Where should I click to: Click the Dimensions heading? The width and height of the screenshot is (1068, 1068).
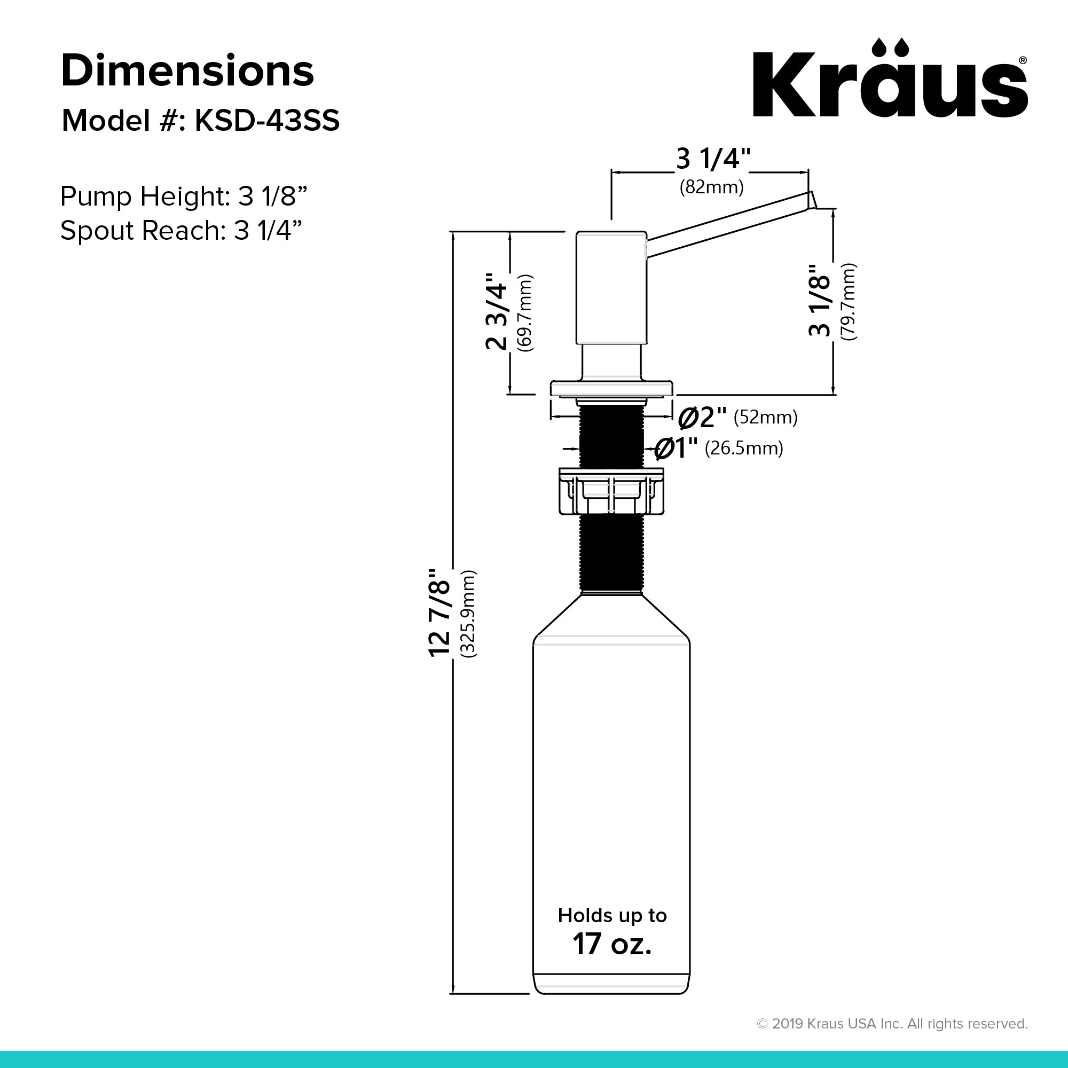pos(187,71)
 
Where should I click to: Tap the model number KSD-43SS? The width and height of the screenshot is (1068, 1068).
pos(267,121)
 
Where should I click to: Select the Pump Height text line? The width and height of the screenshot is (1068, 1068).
pos(184,195)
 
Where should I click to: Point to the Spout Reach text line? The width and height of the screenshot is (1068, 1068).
pos(182,230)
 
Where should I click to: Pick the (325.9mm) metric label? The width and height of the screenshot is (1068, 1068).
pos(468,614)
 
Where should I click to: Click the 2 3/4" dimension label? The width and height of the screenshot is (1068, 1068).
pos(497,311)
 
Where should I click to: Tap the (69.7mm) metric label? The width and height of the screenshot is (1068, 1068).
pos(524,312)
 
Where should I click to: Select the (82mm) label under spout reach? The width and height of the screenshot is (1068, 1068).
pos(711,187)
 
